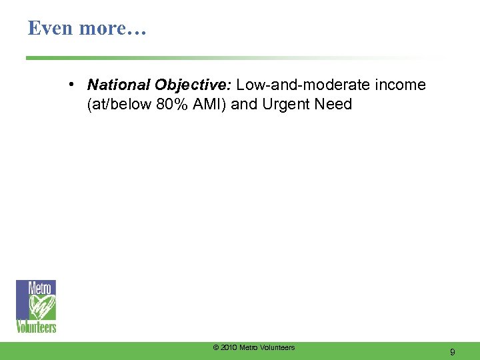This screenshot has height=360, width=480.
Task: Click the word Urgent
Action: tap(287, 105)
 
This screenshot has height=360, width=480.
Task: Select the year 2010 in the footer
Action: tap(228, 347)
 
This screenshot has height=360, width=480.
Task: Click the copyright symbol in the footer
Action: tap(215, 347)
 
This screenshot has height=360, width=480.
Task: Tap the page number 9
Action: tap(453, 351)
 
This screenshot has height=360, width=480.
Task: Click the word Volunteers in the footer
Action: tap(276, 347)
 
